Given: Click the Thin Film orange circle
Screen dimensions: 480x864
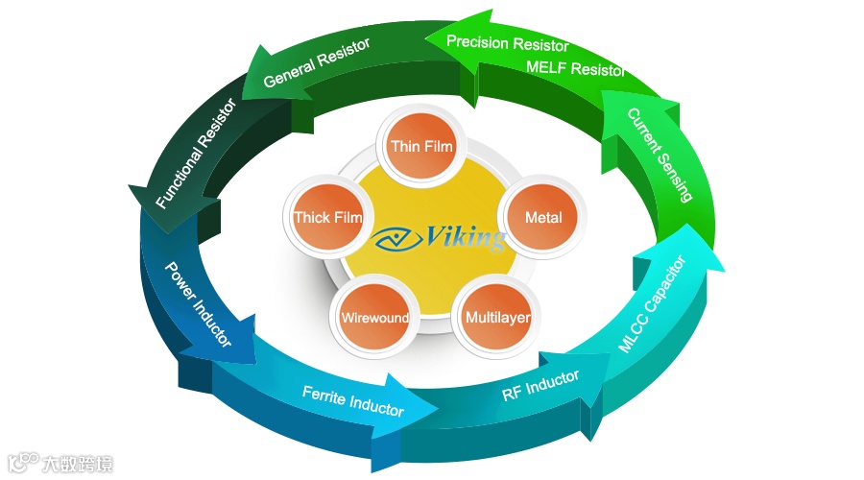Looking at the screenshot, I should coord(421,146).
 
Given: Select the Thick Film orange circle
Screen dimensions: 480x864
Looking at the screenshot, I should coord(327,217).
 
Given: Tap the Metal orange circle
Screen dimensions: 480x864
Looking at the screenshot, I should coord(543,217).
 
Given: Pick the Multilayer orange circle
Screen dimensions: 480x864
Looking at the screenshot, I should coord(497,317).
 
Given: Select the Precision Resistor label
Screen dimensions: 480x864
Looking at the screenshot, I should coord(507,43).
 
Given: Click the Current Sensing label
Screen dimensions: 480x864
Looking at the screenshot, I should coord(660,155).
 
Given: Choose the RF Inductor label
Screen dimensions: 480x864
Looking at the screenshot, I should coord(540,386).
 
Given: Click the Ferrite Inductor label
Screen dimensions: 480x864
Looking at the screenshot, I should coord(352,400).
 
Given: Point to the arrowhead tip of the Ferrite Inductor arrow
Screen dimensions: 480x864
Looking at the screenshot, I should coord(438,410).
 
